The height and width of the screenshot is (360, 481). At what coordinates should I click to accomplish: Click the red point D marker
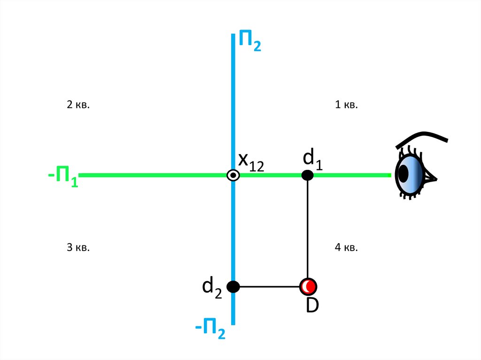click(x=308, y=286)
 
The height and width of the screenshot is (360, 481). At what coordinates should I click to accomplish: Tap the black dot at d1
click(x=307, y=175)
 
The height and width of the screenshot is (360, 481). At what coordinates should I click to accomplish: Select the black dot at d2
click(x=233, y=286)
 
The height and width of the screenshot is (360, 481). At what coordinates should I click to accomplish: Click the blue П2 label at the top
click(x=249, y=40)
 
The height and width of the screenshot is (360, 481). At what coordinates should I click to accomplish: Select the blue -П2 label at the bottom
click(x=210, y=328)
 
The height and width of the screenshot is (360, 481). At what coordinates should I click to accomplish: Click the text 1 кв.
click(x=347, y=105)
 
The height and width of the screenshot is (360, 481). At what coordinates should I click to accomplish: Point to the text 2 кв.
click(x=78, y=105)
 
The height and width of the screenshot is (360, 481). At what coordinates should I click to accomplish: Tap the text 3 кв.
click(x=78, y=247)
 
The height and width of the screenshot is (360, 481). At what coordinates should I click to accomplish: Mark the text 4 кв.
click(x=347, y=247)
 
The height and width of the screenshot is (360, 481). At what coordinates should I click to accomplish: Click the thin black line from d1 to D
click(x=307, y=230)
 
